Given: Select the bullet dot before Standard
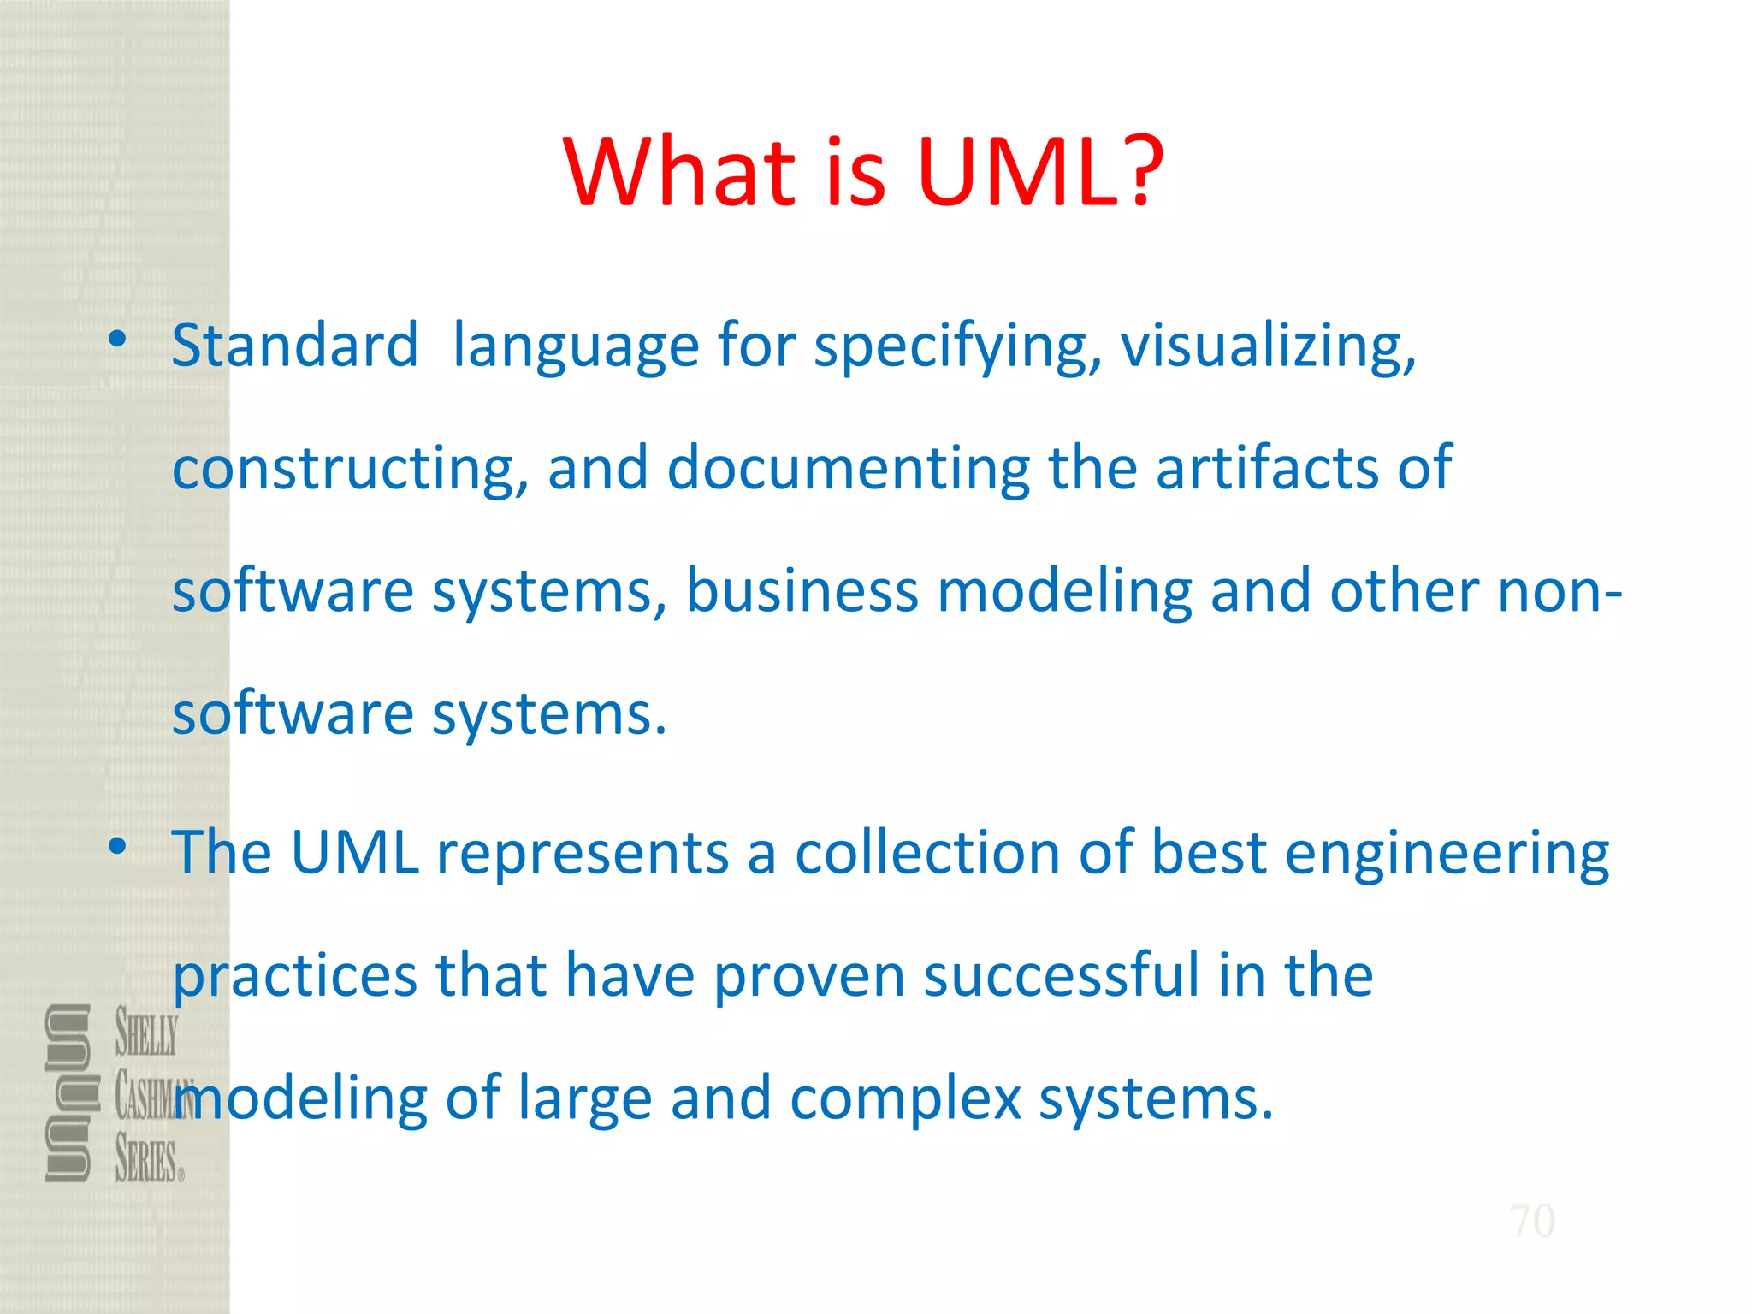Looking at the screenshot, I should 117,340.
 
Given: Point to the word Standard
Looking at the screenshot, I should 295,345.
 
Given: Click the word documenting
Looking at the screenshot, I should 848,468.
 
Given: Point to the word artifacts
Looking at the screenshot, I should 1267,468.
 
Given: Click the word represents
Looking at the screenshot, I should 583,853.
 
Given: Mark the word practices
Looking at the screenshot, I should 295,976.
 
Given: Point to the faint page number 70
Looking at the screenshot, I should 1531,1221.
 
